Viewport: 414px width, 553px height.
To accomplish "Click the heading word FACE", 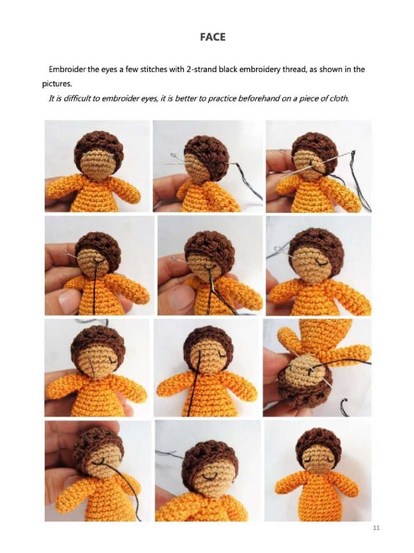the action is [x=213, y=37].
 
